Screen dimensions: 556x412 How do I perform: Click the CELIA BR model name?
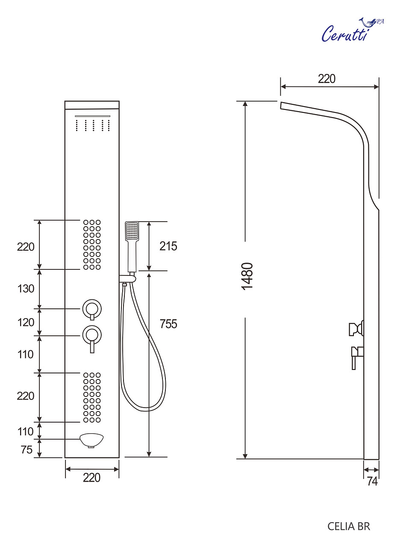(x=348, y=526)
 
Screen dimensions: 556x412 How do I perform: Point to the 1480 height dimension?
(x=247, y=276)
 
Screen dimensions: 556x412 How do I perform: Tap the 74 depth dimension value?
(x=372, y=481)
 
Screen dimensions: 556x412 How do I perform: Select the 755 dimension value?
(x=168, y=324)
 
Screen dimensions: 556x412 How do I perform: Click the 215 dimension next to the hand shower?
(x=168, y=246)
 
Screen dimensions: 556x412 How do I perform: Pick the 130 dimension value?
(x=26, y=289)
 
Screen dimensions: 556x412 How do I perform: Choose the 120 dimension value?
(x=26, y=322)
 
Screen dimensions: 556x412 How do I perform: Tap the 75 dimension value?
(x=26, y=450)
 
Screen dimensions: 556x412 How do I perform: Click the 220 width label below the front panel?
(x=91, y=478)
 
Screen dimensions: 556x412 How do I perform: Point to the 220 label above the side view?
(x=327, y=79)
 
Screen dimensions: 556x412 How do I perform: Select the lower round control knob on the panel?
(x=92, y=334)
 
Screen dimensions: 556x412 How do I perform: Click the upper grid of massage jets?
(x=92, y=245)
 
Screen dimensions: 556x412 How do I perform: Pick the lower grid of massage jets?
(x=92, y=398)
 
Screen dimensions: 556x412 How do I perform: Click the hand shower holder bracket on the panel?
(x=128, y=279)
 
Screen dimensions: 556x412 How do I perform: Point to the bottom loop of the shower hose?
(x=145, y=408)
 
